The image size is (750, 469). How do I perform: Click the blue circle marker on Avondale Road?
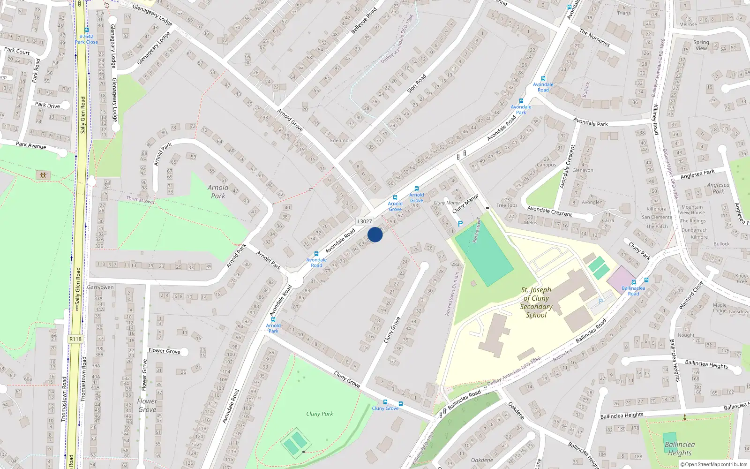click(x=375, y=234)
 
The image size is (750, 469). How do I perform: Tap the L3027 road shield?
click(x=364, y=221)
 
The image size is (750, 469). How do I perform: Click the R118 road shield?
click(x=75, y=339)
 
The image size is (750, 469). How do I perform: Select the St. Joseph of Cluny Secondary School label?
click(x=536, y=303)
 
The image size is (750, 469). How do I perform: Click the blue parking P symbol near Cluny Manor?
click(x=460, y=224)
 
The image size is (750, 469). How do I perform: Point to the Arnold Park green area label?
click(x=218, y=191)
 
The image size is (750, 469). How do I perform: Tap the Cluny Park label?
click(x=319, y=414)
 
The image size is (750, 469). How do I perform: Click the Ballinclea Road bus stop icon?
click(x=633, y=282)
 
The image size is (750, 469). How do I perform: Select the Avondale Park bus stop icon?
click(x=521, y=101)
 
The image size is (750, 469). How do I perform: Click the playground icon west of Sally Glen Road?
click(x=43, y=175)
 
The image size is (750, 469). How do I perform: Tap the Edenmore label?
click(x=341, y=140)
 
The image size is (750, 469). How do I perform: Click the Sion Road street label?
click(x=416, y=83)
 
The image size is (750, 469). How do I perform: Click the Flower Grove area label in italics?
click(x=147, y=405)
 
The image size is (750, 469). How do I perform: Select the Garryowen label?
click(x=100, y=287)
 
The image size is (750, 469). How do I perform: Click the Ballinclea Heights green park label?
click(x=679, y=448)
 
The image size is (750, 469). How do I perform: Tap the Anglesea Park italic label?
click(x=718, y=188)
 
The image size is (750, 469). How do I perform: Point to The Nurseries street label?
click(x=594, y=38)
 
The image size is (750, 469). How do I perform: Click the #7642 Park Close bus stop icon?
click(x=87, y=30)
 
